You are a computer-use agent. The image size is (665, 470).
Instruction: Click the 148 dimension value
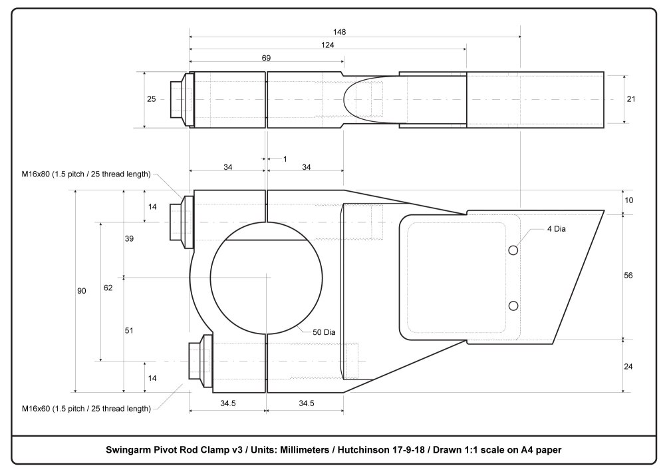click(x=341, y=31)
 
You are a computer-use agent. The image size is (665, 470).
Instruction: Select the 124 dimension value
click(x=327, y=45)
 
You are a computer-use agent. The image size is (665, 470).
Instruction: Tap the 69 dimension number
click(x=266, y=58)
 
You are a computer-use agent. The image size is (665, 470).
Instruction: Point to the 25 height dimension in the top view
click(x=152, y=99)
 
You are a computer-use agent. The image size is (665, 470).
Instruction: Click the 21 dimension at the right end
click(x=631, y=99)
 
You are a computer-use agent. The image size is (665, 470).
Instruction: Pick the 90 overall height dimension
click(x=82, y=291)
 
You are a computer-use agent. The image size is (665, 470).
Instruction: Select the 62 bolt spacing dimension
click(x=108, y=288)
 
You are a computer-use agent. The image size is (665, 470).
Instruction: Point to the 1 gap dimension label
click(x=285, y=158)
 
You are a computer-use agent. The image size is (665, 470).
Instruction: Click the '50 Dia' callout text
click(x=324, y=332)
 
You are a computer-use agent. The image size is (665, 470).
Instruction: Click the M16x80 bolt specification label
click(x=86, y=174)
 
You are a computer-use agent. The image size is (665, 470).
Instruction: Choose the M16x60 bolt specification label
click(x=86, y=407)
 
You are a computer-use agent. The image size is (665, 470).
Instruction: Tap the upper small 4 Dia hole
click(x=513, y=250)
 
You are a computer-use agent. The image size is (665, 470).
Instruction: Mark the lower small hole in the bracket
click(x=513, y=305)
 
